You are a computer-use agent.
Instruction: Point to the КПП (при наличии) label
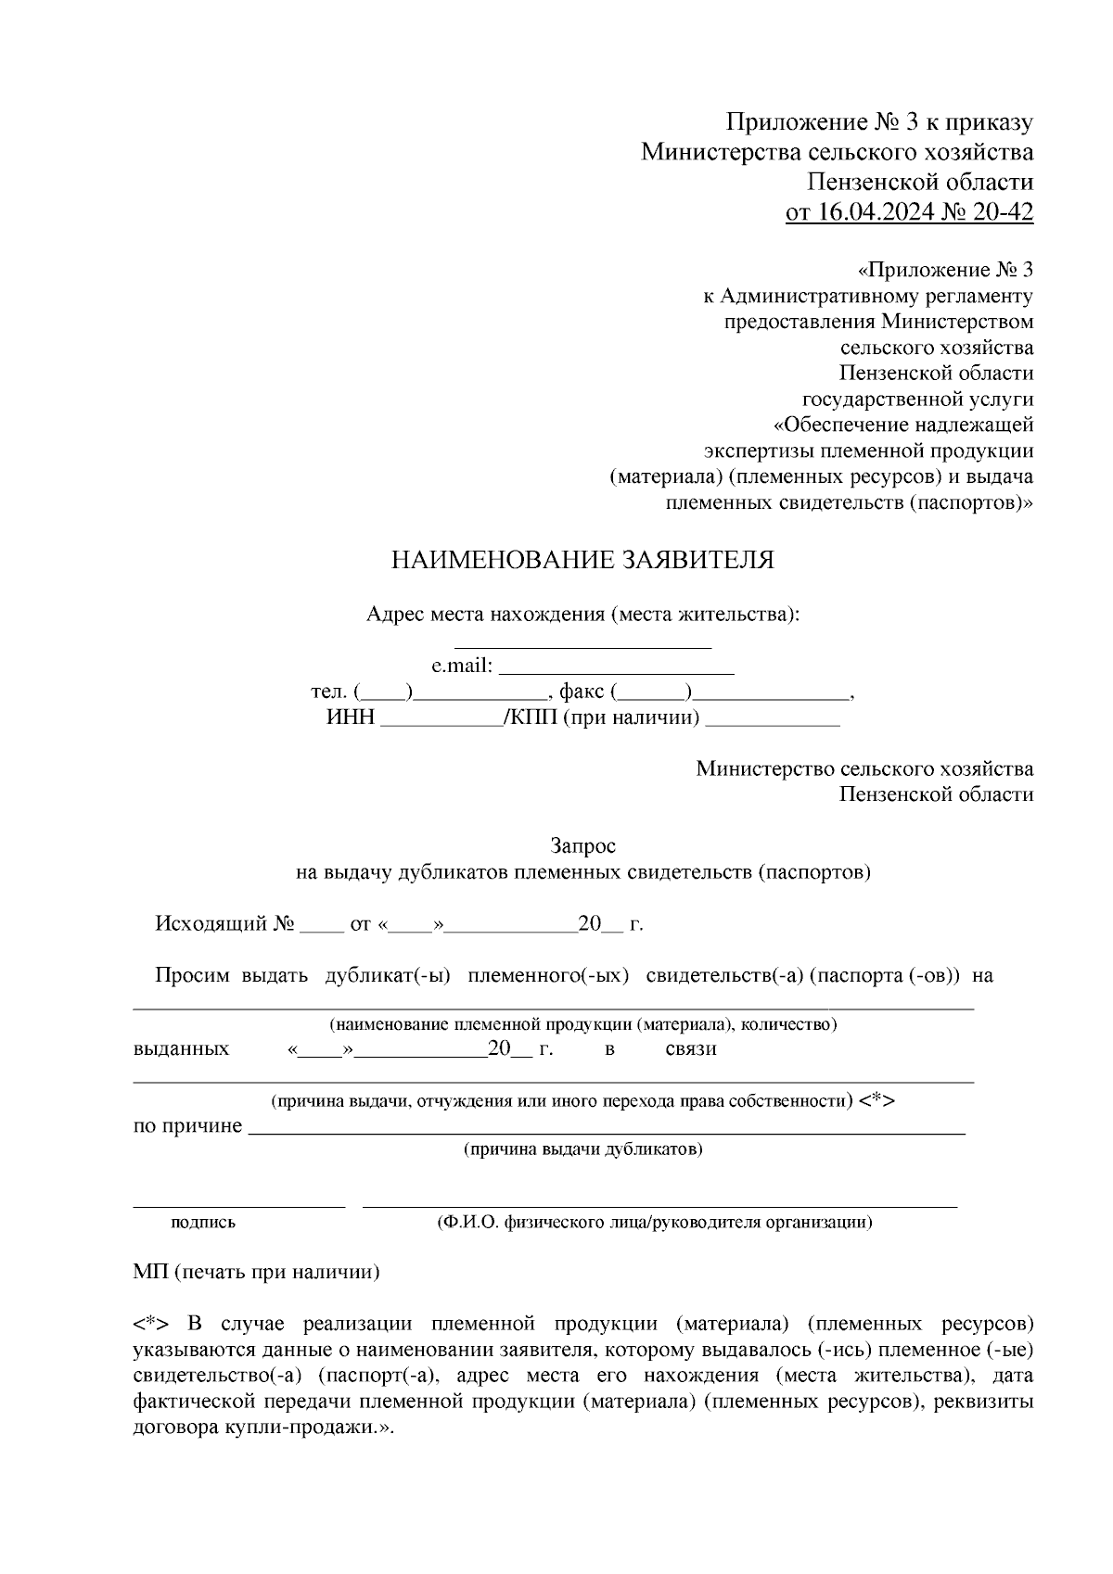click(x=604, y=717)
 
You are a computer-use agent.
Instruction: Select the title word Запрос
click(x=582, y=846)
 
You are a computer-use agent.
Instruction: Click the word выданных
click(x=181, y=1049)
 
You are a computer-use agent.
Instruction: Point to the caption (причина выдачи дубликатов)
click(x=582, y=1149)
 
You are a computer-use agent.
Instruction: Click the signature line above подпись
click(x=239, y=1205)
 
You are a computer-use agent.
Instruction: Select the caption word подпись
click(x=203, y=1223)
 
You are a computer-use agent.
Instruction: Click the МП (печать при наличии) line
click(x=256, y=1273)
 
